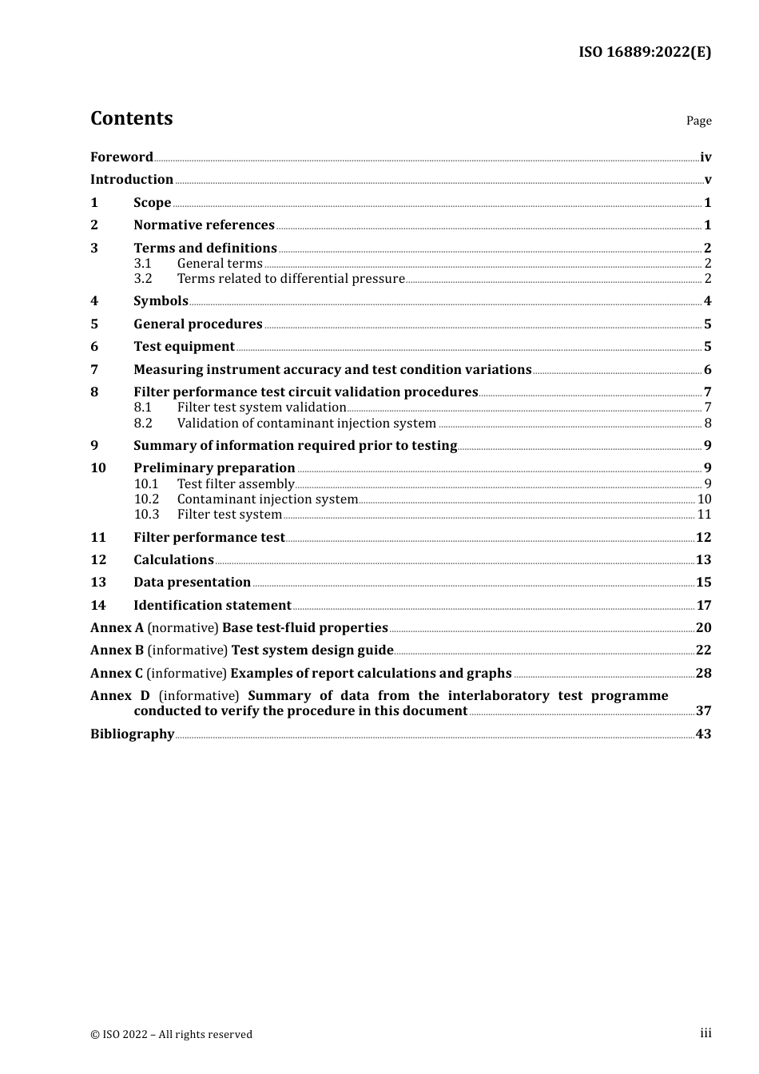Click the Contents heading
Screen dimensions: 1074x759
point(131,118)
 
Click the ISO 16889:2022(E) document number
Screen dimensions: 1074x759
point(644,52)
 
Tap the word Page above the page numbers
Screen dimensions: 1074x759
point(698,121)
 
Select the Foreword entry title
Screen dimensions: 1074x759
point(121,157)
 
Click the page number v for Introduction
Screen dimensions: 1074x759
point(707,180)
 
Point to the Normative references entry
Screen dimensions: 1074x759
point(204,225)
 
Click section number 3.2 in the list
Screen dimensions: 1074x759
point(143,279)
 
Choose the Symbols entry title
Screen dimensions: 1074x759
point(161,301)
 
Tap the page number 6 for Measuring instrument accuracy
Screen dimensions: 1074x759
point(707,370)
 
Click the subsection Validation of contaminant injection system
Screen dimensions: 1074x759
point(306,424)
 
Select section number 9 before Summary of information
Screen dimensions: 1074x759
point(94,446)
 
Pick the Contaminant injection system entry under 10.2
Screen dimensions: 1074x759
point(267,499)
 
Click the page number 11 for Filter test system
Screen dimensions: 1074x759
point(704,515)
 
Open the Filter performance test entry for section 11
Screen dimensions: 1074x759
point(209,538)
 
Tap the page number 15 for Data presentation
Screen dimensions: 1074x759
point(703,583)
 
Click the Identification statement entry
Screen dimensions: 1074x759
point(212,606)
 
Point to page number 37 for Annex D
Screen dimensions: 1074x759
point(703,711)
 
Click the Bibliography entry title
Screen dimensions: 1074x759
point(132,734)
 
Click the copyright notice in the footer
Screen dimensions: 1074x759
point(171,1034)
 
